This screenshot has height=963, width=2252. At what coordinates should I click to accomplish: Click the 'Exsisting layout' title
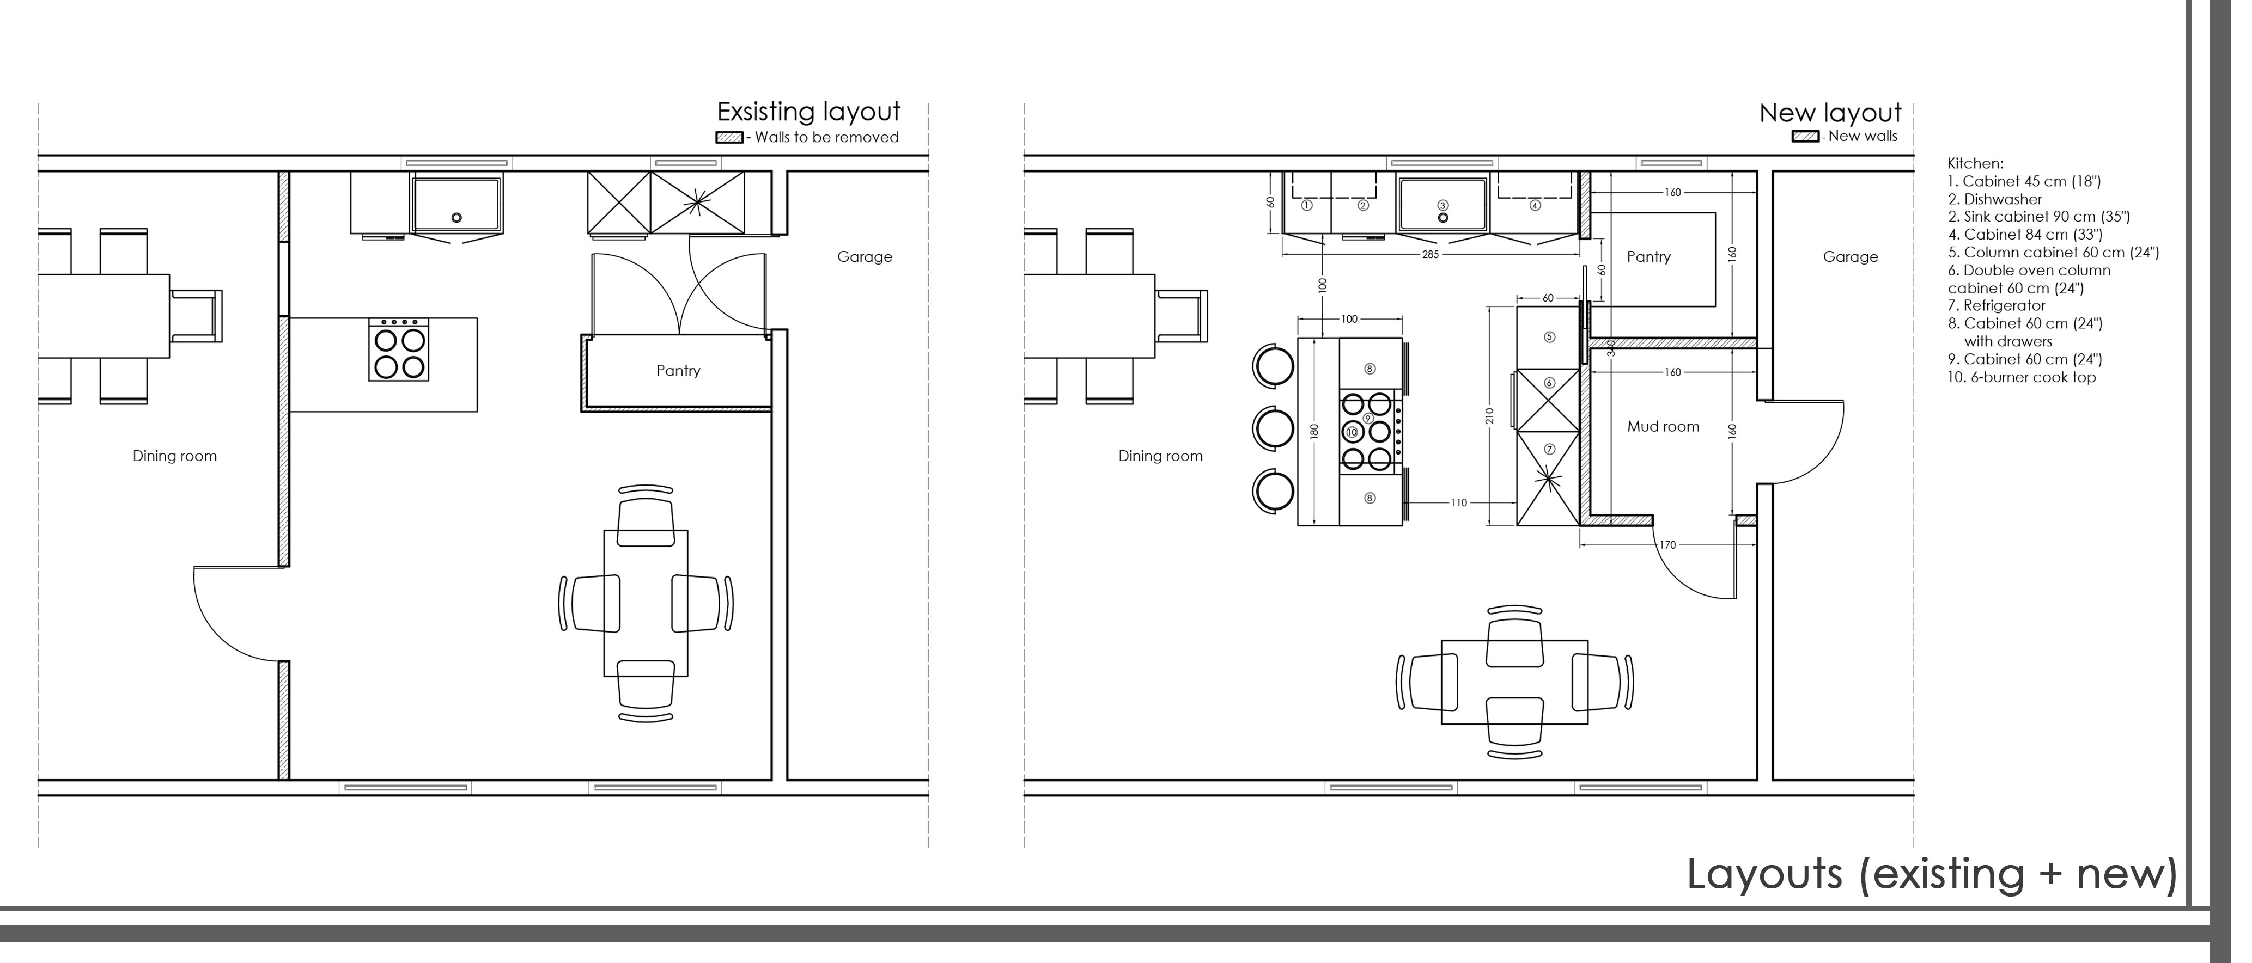pos(808,112)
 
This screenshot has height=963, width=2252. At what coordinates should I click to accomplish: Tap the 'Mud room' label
pos(1663,426)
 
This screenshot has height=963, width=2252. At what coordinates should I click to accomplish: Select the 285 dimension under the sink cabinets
pos(1430,254)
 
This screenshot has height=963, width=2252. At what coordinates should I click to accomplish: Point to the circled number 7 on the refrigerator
pos(1549,449)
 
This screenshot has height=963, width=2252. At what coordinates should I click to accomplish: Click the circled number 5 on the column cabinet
pos(1549,338)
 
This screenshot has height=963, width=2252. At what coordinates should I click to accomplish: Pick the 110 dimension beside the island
pos(1458,502)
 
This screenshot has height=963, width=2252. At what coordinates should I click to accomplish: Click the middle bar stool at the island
pos(1273,429)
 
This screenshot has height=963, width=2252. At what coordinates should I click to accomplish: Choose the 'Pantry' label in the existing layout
pos(678,371)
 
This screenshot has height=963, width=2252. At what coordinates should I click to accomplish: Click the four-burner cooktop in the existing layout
pos(399,349)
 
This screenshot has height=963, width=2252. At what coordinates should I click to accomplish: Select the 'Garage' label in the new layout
pos(1851,257)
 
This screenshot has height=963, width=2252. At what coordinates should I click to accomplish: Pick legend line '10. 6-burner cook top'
pos(2022,377)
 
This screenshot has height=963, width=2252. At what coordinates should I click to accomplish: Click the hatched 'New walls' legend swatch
pos(1805,136)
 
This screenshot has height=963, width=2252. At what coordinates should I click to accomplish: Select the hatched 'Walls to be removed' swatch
pos(729,137)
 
